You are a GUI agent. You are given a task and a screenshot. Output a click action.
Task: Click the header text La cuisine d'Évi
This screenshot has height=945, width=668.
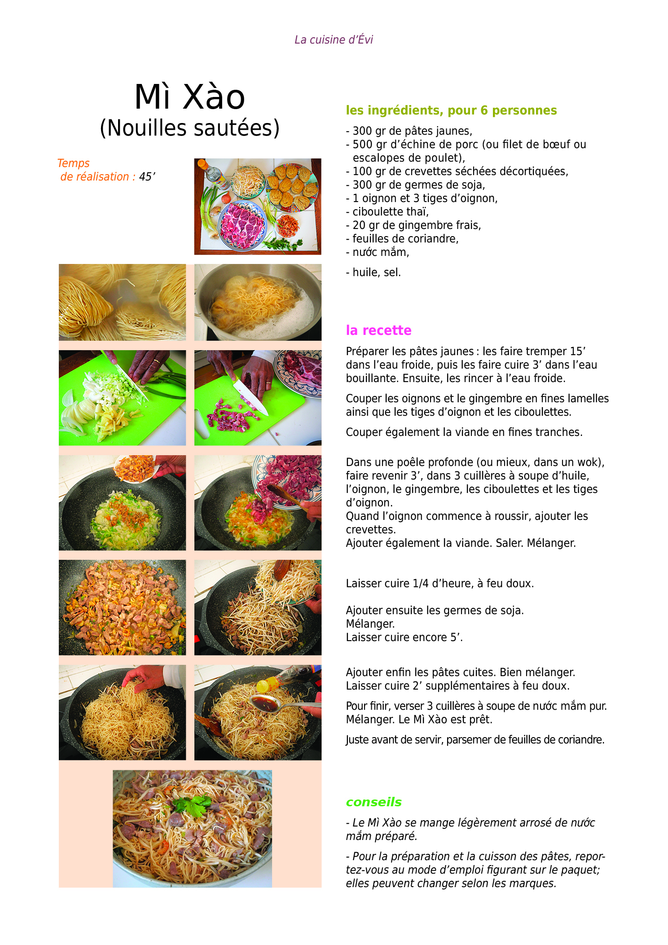pos(334,40)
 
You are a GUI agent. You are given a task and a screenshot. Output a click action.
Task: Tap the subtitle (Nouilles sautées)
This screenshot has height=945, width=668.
pos(189,128)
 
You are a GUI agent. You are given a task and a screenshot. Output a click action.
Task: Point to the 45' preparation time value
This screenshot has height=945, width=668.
pos(147,176)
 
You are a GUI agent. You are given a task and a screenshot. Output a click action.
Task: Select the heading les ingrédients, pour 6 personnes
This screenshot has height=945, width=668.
pos(451,110)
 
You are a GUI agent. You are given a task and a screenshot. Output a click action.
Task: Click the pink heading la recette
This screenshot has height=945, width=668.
pos(378,330)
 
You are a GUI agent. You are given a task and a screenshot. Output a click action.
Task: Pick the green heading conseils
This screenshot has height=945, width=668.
pos(374,802)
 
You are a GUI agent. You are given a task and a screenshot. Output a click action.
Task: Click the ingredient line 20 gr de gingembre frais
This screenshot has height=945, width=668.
pos(413,225)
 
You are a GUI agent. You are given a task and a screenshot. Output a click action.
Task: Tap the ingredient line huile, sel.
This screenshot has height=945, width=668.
pos(373,272)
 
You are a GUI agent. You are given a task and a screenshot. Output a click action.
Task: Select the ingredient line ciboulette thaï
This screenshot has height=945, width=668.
pos(387,211)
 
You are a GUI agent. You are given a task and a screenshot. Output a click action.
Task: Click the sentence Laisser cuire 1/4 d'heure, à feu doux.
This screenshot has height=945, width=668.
pos(440,583)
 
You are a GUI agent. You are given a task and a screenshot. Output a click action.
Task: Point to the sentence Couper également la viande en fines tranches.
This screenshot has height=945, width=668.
pos(464,432)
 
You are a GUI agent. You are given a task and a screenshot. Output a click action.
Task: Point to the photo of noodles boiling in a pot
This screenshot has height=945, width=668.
pos(258,302)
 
